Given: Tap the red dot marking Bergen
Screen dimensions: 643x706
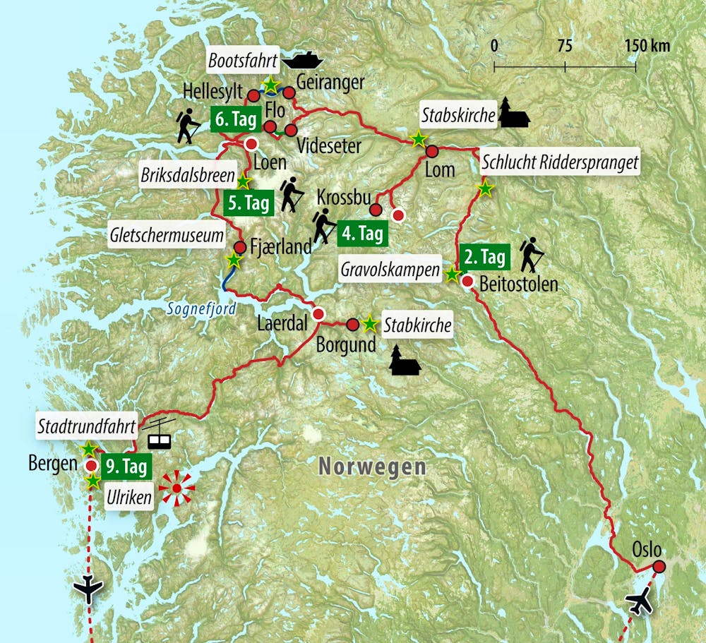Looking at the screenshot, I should pos(91,466).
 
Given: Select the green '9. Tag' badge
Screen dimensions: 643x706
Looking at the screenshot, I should pos(125,467).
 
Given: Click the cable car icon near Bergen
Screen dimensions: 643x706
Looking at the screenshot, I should pos(159,433).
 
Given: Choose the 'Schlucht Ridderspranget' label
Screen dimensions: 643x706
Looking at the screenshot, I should pos(560,163).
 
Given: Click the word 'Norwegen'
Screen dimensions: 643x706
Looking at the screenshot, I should pos(372,466).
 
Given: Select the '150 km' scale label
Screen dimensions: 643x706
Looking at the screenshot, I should pos(647,47).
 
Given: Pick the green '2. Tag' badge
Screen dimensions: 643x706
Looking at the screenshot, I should pos(484,257).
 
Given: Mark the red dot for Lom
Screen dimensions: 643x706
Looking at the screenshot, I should pos(433,151).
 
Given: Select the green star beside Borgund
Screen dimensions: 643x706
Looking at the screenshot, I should pos(369,324).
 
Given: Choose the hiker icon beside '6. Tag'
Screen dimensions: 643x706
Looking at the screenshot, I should pos(186,125).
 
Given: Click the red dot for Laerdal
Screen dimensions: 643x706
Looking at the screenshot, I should pos(318,314).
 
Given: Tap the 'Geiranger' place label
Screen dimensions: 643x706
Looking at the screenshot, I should pos(330,82).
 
